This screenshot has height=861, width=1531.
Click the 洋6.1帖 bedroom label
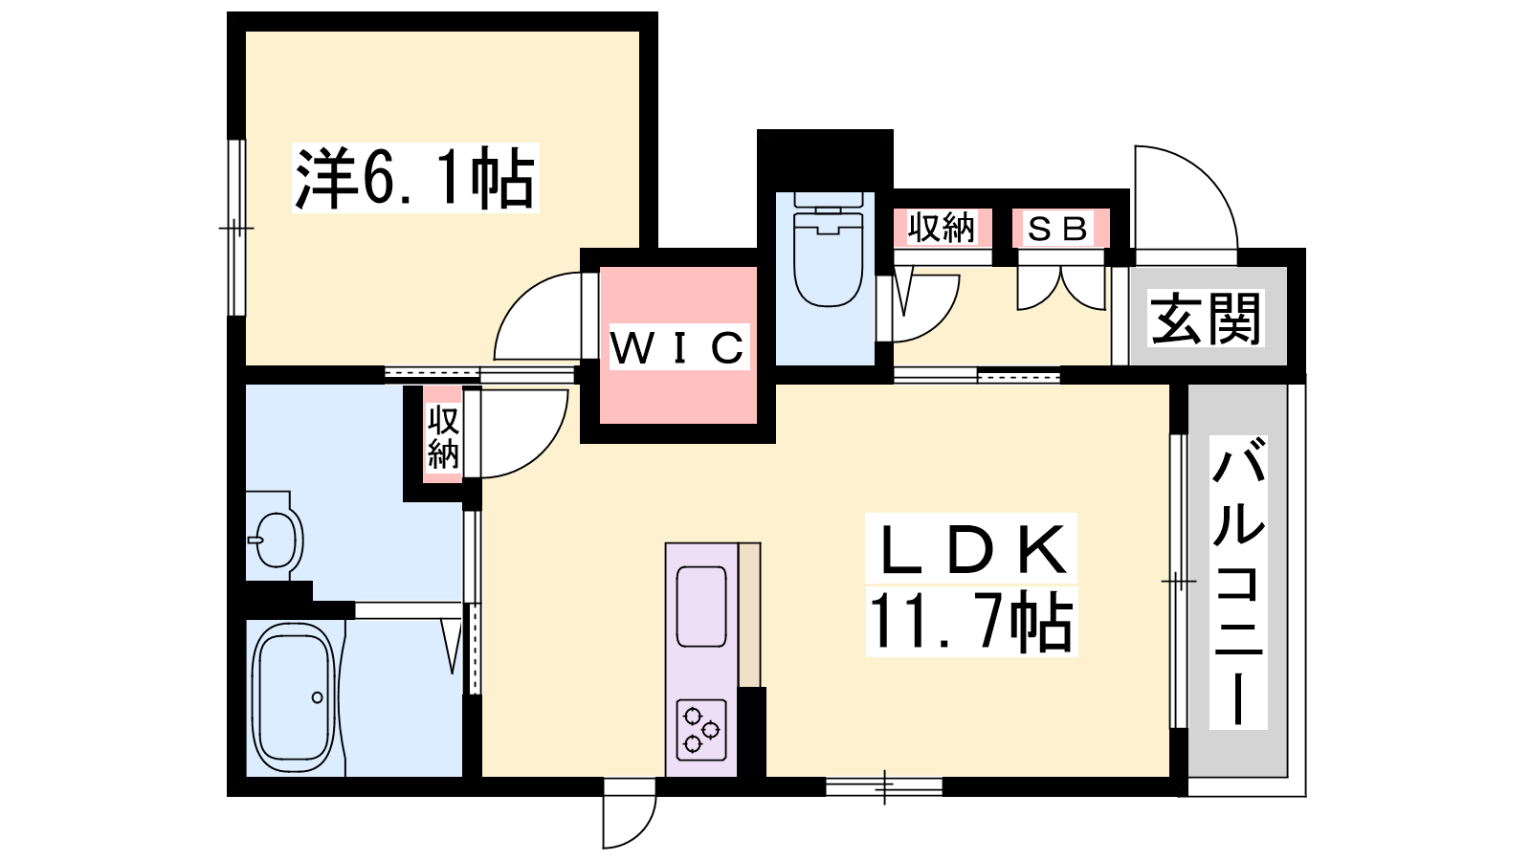[415, 178]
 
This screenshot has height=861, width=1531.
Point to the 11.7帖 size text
[970, 622]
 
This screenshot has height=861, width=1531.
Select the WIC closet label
[677, 347]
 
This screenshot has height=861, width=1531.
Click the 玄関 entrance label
[1206, 319]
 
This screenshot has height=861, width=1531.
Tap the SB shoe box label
[1058, 229]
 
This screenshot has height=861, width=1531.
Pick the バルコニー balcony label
[1238, 582]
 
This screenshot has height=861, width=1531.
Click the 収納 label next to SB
[942, 229]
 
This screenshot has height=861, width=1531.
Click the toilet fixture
[829, 254]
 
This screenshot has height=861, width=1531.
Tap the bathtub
[293, 697]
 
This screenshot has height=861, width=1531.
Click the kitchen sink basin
[701, 607]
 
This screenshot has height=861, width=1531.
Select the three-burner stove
[700, 729]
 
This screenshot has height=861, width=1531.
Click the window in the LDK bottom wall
[883, 786]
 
